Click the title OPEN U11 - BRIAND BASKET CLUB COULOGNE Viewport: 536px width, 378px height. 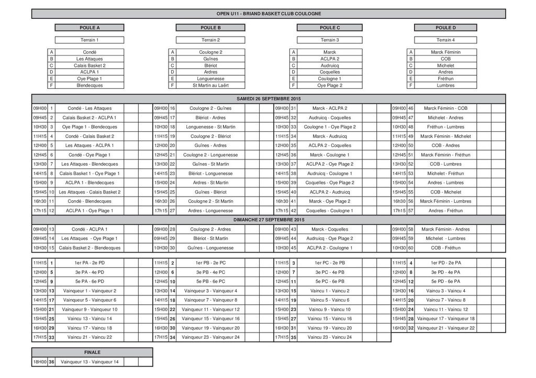[269, 14]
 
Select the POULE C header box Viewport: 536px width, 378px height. [330, 27]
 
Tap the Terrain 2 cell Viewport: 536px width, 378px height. [210, 40]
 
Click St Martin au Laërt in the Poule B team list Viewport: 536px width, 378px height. [210, 85]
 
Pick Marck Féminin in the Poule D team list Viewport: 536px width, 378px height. [445, 52]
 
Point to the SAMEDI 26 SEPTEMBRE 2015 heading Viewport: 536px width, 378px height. [269, 98]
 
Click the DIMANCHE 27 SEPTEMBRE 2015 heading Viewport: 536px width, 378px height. [269, 220]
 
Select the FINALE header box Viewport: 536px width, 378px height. [92, 352]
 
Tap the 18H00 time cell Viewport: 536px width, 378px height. [39, 362]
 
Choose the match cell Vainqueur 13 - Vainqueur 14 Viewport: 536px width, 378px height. [90, 362]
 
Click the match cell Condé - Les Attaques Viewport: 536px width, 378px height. [90, 108]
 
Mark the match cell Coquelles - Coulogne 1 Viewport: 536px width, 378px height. [330, 211]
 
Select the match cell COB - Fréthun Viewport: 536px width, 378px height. [445, 248]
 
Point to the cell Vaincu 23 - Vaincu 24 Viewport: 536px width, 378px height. [330, 337]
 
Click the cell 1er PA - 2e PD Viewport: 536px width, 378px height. [90, 262]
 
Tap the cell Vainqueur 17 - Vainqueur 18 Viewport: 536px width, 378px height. [446, 318]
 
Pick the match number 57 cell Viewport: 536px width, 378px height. [411, 211]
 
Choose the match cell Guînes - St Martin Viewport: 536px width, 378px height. [210, 164]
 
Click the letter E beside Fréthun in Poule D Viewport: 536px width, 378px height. [411, 78]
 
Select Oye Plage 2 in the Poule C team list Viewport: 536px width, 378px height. [330, 85]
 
